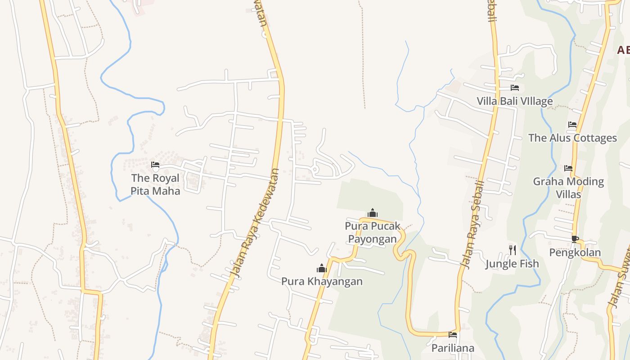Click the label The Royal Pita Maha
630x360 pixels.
click(155, 184)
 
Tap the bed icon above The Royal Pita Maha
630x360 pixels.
click(155, 165)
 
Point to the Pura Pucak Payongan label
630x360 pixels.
click(373, 232)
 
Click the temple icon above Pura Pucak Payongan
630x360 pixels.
click(372, 213)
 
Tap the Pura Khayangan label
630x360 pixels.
click(322, 282)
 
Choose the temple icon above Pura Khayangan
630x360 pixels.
click(321, 268)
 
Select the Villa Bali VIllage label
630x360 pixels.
click(515, 101)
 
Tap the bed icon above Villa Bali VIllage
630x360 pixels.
click(515, 88)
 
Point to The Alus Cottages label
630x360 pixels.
click(572, 138)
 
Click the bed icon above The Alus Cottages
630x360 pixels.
click(572, 125)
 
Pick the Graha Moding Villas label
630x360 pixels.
click(568, 188)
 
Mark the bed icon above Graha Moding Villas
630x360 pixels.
click(568, 168)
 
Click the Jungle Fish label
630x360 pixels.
click(512, 264)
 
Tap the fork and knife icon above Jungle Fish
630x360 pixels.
click(512, 250)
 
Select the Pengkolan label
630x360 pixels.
click(575, 252)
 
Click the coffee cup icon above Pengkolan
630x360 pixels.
click(575, 238)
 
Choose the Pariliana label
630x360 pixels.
click(453, 348)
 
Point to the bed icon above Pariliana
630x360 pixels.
click(453, 335)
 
